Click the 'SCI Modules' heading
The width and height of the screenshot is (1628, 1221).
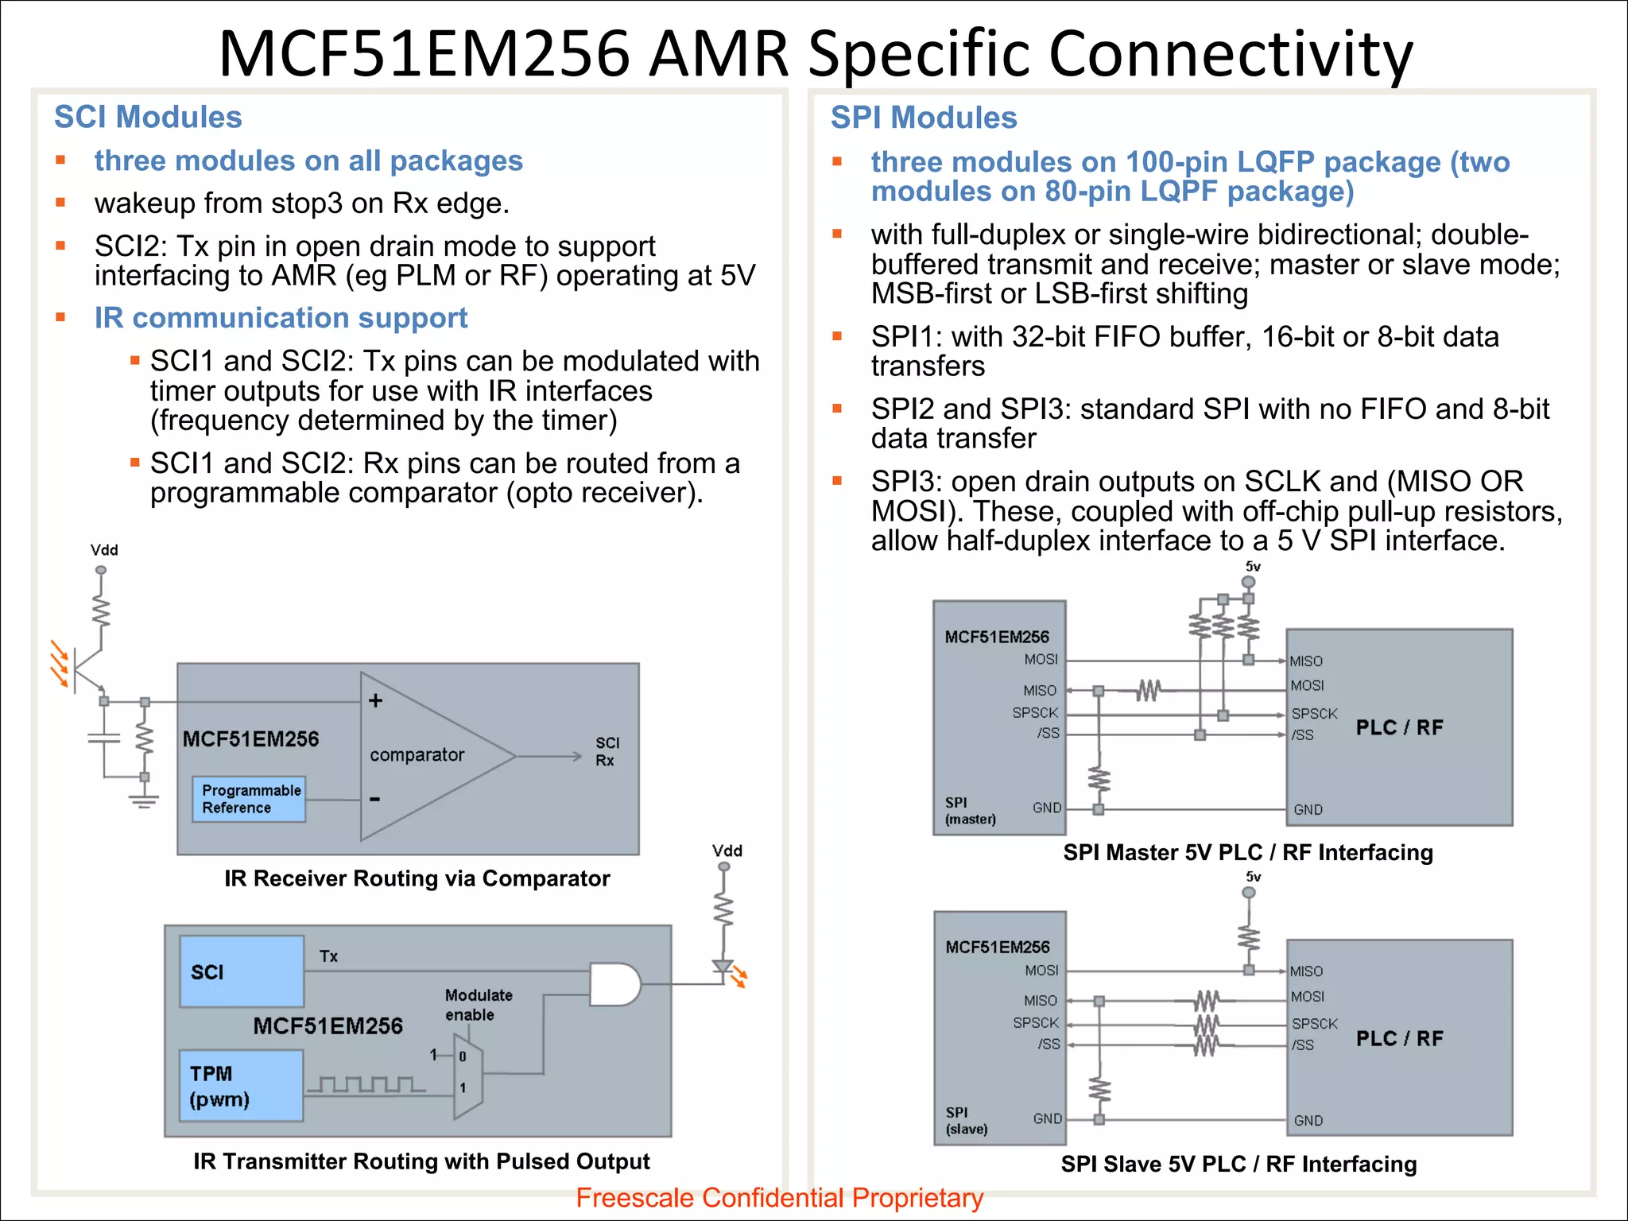pyautogui.click(x=148, y=117)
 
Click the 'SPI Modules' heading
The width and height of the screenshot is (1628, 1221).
pyautogui.click(x=924, y=118)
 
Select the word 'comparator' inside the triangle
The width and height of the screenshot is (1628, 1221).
pyautogui.click(x=417, y=754)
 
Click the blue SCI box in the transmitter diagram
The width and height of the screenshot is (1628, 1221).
pyautogui.click(x=242, y=971)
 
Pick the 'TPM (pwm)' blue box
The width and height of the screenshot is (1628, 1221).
pyautogui.click(x=241, y=1086)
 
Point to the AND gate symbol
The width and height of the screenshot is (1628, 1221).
pyautogui.click(x=614, y=984)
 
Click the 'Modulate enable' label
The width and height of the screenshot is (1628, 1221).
pyautogui.click(x=479, y=1005)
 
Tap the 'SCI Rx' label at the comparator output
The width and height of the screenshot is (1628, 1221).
pyautogui.click(x=607, y=751)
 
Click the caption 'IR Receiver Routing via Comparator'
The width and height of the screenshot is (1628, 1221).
pyautogui.click(x=417, y=878)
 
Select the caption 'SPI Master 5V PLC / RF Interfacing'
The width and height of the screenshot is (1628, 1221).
pyautogui.click(x=1248, y=852)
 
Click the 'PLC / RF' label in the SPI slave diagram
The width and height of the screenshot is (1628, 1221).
pyautogui.click(x=1399, y=1038)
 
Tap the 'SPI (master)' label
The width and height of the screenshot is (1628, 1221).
pyautogui.click(x=970, y=811)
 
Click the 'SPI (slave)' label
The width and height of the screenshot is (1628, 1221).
pyautogui.click(x=967, y=1121)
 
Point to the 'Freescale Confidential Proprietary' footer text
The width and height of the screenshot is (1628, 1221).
pyautogui.click(x=779, y=1198)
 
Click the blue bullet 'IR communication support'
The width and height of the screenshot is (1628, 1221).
pyautogui.click(x=281, y=318)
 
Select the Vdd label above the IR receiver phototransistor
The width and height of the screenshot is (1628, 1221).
pyautogui.click(x=104, y=550)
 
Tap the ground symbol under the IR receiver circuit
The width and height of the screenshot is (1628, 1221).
pyautogui.click(x=144, y=799)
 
